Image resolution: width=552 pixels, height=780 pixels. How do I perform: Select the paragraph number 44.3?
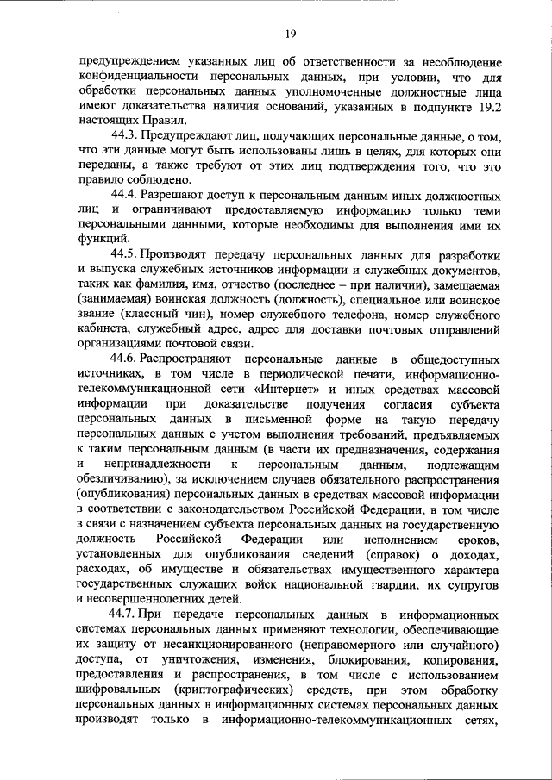coord(125,138)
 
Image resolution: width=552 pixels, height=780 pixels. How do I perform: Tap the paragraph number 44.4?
coord(125,195)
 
